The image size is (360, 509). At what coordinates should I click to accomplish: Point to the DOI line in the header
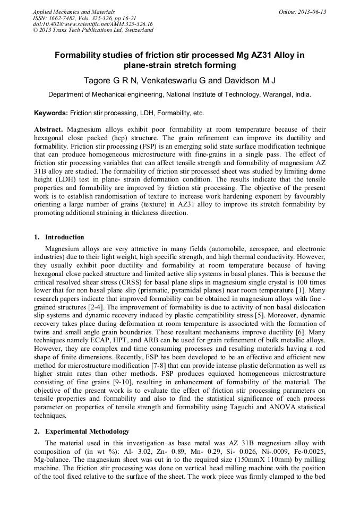(93, 24)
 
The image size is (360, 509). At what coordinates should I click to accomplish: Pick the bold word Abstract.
(48, 129)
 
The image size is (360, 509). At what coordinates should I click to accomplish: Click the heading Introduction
(64, 237)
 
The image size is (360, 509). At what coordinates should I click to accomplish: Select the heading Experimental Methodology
(87, 432)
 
